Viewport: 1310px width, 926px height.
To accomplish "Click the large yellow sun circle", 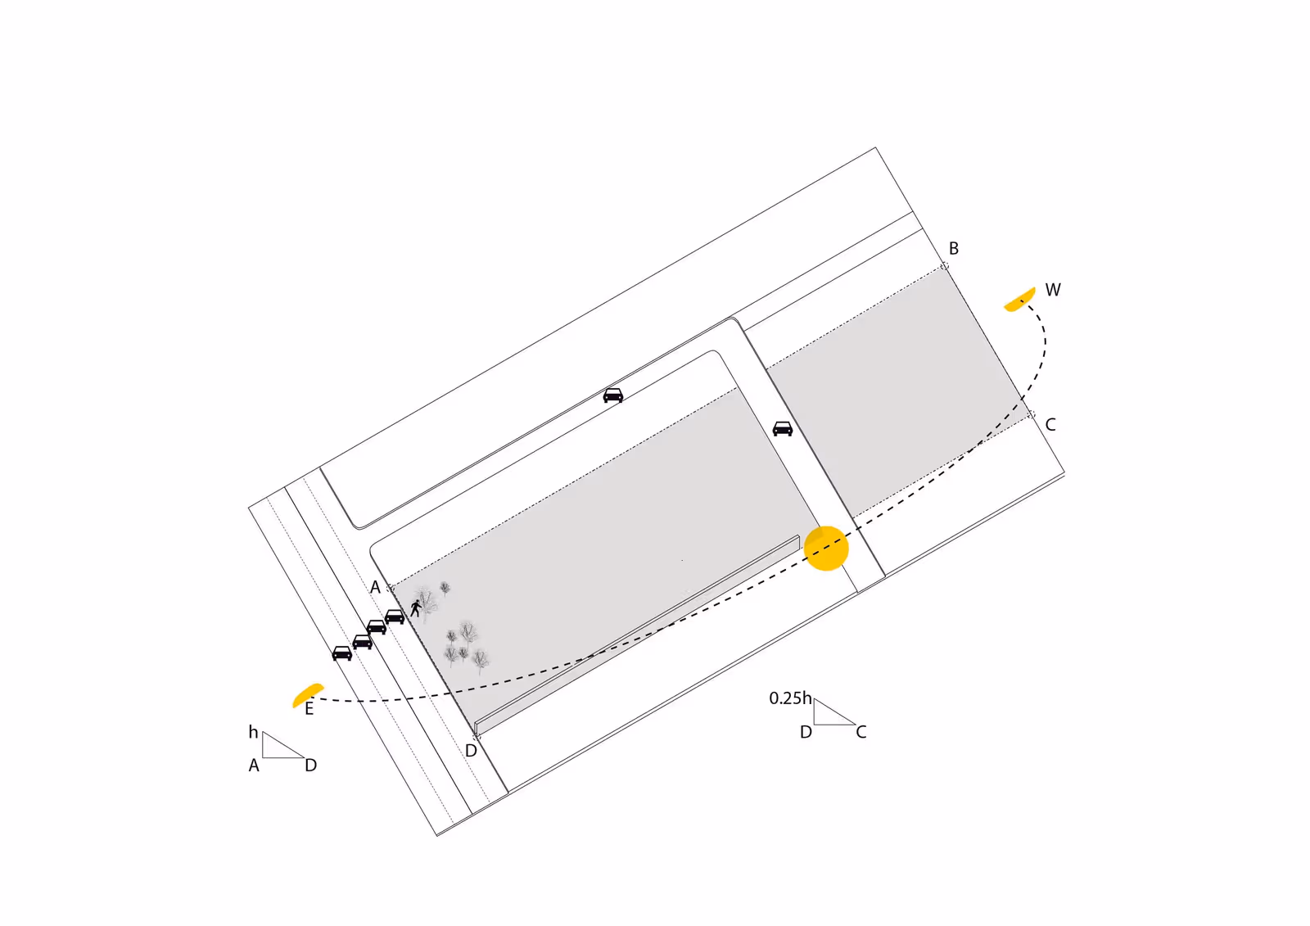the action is pyautogui.click(x=826, y=548).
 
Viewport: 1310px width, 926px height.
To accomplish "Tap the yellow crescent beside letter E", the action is pyautogui.click(x=306, y=695).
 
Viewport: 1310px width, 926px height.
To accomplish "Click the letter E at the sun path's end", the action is pyautogui.click(x=309, y=709).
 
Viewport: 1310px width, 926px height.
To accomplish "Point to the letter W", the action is pyautogui.click(x=1053, y=290).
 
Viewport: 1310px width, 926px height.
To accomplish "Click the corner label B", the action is pyautogui.click(x=954, y=249).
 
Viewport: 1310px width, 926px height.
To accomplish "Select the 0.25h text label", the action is pyautogui.click(x=790, y=698).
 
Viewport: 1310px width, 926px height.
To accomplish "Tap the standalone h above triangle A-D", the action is pyautogui.click(x=253, y=732).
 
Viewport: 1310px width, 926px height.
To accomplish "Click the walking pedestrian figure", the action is pyautogui.click(x=416, y=608).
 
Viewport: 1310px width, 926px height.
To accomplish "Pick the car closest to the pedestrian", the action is pyautogui.click(x=395, y=617).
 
